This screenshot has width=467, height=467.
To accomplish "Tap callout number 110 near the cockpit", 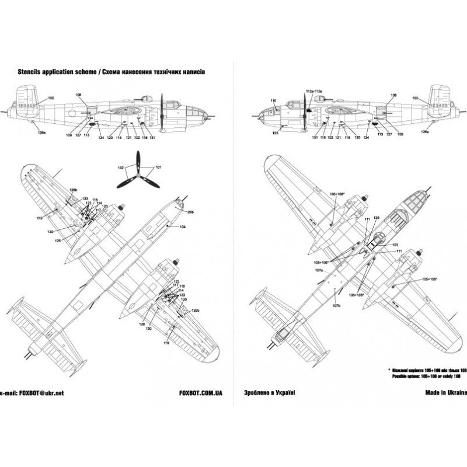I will coord(273,100).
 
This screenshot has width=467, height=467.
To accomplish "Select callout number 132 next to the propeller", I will coord(121,168).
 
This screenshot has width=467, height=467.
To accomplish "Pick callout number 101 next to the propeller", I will coord(158,168).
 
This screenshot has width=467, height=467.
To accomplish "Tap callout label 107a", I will coord(318,270).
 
